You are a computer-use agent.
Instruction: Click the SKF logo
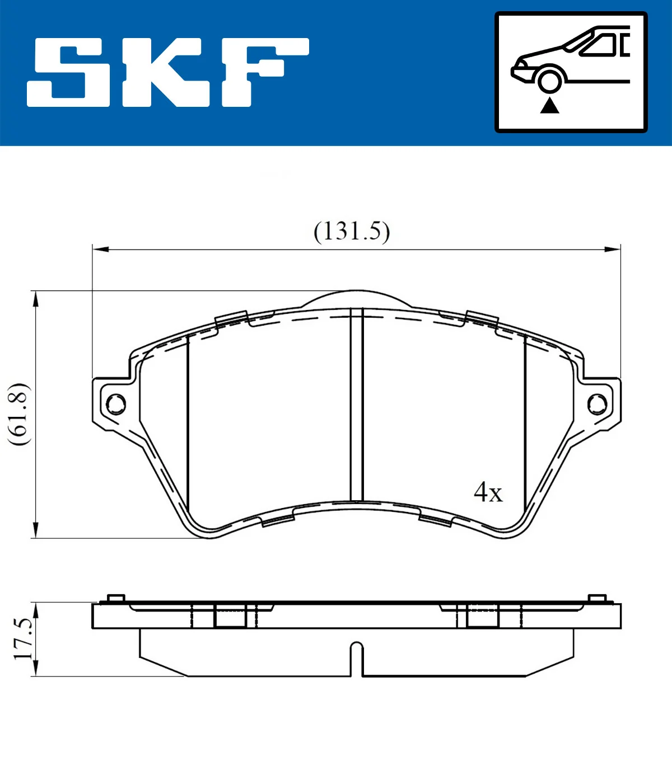[x=168, y=72]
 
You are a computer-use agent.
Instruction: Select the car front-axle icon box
[x=571, y=72]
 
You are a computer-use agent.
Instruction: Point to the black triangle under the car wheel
[x=549, y=105]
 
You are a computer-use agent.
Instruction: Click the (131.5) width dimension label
[x=352, y=231]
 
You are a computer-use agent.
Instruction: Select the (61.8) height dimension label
[x=18, y=414]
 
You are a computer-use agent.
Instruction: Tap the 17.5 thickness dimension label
[x=22, y=639]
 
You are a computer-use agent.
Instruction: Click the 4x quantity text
[x=488, y=492]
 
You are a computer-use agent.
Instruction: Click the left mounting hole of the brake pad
[x=116, y=403]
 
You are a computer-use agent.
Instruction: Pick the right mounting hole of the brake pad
[x=597, y=403]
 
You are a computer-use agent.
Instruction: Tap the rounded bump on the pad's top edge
[x=357, y=298]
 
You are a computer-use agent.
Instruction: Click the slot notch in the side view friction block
[x=357, y=657]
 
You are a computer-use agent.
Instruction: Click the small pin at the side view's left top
[x=115, y=598]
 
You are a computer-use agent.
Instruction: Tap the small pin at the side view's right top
[x=597, y=598]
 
